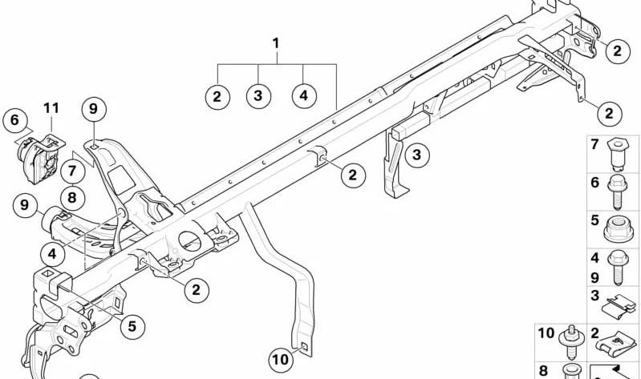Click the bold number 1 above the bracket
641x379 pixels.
tap(276, 43)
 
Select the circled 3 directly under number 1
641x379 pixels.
tap(258, 96)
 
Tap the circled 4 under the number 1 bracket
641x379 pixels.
tap(304, 96)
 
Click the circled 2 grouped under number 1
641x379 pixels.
tap(217, 97)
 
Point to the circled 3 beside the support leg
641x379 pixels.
tap(416, 155)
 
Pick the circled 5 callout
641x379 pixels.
tap(132, 326)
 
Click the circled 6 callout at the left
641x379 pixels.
tap(14, 120)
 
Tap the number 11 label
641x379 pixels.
tap(51, 108)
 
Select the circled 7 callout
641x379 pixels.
tap(72, 171)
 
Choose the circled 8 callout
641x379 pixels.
tap(72, 198)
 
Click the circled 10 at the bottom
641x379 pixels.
tap(281, 360)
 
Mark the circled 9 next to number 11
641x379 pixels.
tap(94, 110)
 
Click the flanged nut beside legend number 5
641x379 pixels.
tap(619, 230)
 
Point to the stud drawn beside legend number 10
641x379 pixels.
tap(570, 342)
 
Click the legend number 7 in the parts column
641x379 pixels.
tap(594, 144)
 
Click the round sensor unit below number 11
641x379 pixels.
tap(38, 159)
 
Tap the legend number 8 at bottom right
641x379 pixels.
tap(543, 370)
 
